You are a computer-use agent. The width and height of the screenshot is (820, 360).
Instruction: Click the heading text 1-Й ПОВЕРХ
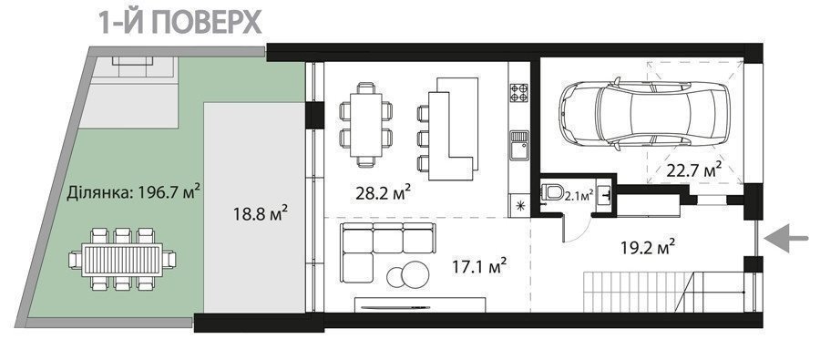[x=180, y=22]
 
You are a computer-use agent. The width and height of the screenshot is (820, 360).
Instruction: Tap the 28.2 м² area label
[x=383, y=192]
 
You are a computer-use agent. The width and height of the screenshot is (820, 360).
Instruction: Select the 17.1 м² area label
[x=479, y=268]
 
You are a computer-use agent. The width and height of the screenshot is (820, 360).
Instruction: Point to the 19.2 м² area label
[x=648, y=247]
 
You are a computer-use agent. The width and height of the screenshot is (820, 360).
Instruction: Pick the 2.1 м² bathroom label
[x=579, y=196]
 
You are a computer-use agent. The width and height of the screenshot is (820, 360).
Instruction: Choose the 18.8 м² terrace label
[x=261, y=214]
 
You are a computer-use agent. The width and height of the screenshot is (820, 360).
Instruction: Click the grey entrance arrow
[x=786, y=239]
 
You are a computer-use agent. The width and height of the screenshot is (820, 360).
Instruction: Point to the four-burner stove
[x=518, y=92]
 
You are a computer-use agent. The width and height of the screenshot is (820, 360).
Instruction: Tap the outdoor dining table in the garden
[x=122, y=259]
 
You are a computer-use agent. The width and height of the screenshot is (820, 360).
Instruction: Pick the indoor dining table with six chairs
[x=366, y=125]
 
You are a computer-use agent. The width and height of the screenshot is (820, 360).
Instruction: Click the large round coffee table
[x=415, y=273]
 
